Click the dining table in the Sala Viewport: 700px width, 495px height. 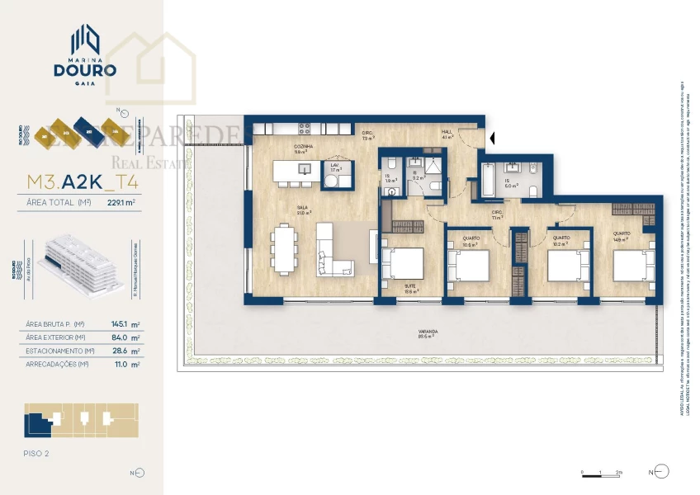(x=284, y=249)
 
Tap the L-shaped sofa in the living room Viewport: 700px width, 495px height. (x=335, y=257)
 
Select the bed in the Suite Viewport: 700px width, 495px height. (x=404, y=265)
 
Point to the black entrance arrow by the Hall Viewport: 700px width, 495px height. (x=492, y=138)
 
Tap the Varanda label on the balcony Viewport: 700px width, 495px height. (x=428, y=332)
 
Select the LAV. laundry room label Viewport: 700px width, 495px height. (x=335, y=167)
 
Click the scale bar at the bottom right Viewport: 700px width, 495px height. (x=602, y=474)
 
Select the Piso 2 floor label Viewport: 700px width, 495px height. (x=37, y=453)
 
